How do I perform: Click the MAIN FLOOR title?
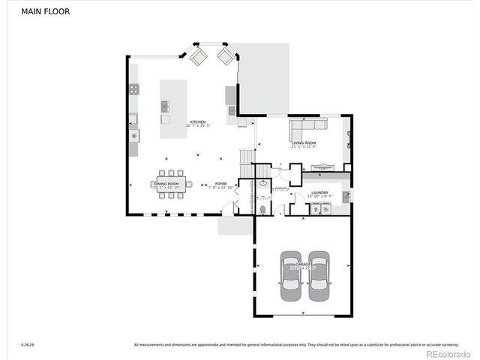pyautogui.click(x=46, y=12)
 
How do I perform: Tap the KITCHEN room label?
pyautogui.click(x=197, y=122)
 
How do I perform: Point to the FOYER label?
pyautogui.click(x=220, y=184)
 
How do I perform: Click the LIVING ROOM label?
pyautogui.click(x=304, y=142)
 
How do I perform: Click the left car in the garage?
pyautogui.click(x=292, y=275)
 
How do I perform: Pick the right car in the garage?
pyautogui.click(x=319, y=275)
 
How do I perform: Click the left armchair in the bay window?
pyautogui.click(x=198, y=56)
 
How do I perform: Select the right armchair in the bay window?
pyautogui.click(x=225, y=56)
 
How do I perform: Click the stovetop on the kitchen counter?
pyautogui.click(x=133, y=89)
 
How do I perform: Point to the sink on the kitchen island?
pyautogui.click(x=165, y=106)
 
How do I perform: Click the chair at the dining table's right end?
pyautogui.click(x=189, y=184)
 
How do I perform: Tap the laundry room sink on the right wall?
pyautogui.click(x=345, y=196)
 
